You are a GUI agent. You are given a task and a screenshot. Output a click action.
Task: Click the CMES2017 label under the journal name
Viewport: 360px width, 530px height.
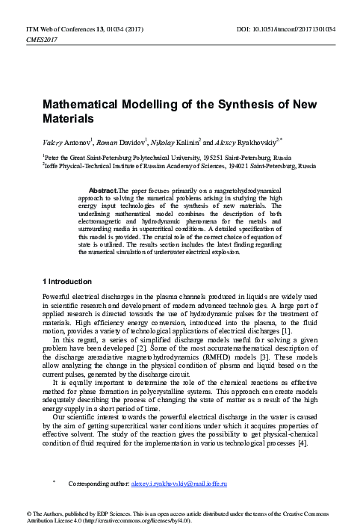41,37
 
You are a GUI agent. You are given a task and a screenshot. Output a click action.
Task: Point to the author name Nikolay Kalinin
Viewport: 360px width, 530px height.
170,139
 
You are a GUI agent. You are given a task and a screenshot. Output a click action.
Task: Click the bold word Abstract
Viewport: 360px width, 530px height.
103,191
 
